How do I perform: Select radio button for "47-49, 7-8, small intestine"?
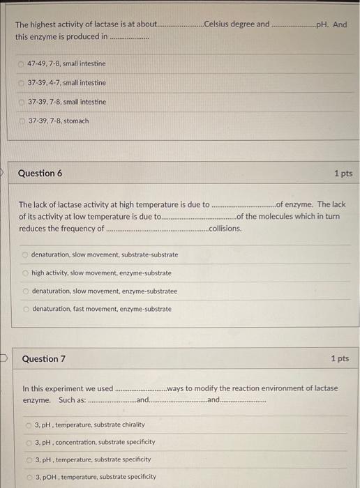click(22, 64)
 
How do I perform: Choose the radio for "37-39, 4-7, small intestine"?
click(22, 83)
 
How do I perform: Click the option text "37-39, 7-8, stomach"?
click(59, 121)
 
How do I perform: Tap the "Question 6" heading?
click(40, 173)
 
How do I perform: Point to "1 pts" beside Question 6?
click(343, 173)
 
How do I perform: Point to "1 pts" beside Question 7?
click(340, 359)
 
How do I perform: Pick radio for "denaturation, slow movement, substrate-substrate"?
click(25, 254)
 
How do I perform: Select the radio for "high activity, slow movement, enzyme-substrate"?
click(25, 273)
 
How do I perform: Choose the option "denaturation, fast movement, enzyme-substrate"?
click(101, 309)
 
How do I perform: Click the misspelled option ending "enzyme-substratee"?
click(104, 291)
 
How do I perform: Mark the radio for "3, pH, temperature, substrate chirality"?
click(29, 425)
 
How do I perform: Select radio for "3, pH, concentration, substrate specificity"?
click(29, 442)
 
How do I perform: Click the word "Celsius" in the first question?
click(219, 24)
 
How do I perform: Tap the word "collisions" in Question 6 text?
click(225, 229)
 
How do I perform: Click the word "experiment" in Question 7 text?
click(62, 388)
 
